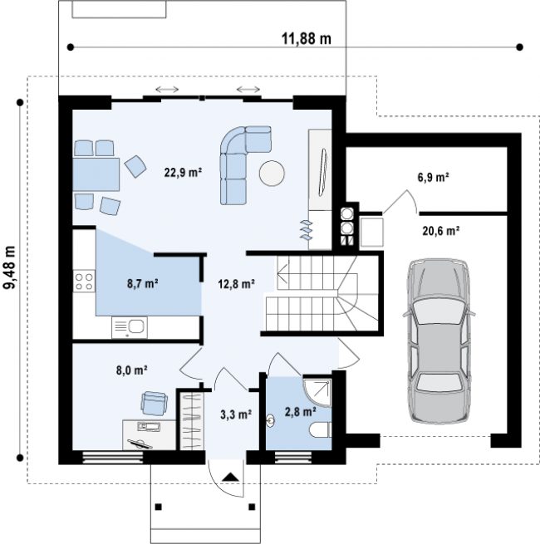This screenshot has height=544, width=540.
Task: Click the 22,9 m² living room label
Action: (x=183, y=173)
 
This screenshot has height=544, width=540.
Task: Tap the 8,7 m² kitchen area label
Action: (x=143, y=283)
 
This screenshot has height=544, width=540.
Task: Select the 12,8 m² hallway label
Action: (x=236, y=284)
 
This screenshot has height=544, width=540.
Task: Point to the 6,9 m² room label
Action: (x=433, y=177)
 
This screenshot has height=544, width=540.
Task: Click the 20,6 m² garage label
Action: (x=441, y=231)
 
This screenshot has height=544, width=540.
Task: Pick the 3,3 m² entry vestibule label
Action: (x=236, y=414)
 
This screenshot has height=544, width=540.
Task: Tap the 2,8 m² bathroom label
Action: (x=300, y=412)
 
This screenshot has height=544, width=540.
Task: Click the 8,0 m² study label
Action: (x=132, y=370)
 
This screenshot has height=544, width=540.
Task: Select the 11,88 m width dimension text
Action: (x=306, y=38)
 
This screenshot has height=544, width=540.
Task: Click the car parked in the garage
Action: (x=439, y=341)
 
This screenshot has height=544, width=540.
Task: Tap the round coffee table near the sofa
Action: (x=272, y=173)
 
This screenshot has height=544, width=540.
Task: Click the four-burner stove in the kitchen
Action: (x=84, y=282)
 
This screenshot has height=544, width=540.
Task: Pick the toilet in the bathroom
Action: (x=321, y=430)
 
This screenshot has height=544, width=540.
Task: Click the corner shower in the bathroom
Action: (x=317, y=392)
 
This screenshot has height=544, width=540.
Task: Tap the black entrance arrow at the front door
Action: (x=231, y=477)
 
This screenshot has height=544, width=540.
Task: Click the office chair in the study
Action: (x=154, y=403)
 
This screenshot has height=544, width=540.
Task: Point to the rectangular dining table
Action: (x=96, y=174)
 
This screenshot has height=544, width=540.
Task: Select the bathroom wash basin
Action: (x=270, y=420)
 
